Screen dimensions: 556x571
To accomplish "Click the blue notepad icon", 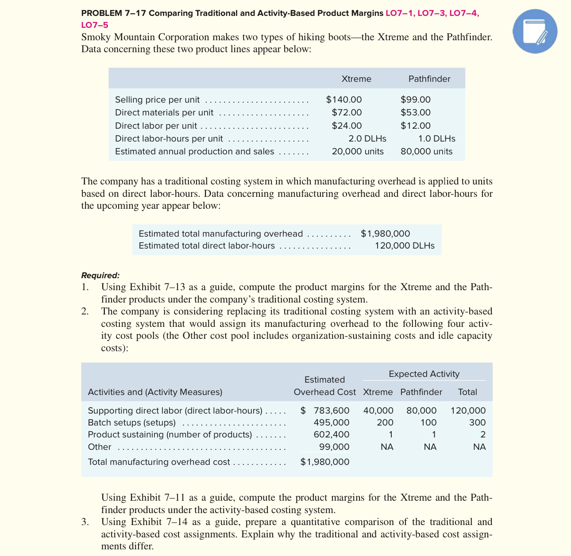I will coord(535,31).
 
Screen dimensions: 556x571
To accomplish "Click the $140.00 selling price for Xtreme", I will coord(343,100).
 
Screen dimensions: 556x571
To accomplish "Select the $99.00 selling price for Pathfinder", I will coord(415,100).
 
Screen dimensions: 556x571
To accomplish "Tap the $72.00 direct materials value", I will coord(347,112).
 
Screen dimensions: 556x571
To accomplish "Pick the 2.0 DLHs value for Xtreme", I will coord(367,138).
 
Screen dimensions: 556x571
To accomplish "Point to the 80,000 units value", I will coord(426,151).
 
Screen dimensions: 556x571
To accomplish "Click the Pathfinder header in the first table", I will coord(429,79).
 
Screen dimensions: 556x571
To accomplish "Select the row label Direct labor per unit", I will coord(156,126).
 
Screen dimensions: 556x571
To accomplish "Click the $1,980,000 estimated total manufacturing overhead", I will coord(385,233).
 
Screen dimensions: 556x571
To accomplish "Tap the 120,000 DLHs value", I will coord(404,245).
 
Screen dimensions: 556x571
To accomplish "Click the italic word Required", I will coord(100,275).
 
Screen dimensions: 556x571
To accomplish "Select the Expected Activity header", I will coord(424,374).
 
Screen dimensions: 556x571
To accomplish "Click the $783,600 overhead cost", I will coord(325,410).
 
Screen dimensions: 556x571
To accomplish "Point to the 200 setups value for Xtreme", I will coord(385,422).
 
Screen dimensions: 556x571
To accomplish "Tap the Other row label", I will coord(100,447).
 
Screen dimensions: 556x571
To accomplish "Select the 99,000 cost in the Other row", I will coord(334,447).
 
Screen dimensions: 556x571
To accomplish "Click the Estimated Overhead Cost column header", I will coord(324,386).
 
